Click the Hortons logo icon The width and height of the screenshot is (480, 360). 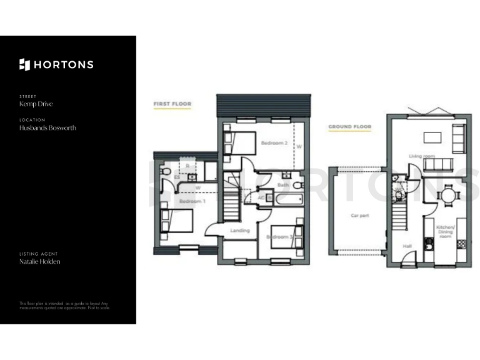tap(25, 64)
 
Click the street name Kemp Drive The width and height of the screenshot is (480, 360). tap(36, 104)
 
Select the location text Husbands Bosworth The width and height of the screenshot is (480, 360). tap(47, 127)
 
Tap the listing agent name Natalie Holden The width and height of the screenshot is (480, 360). tap(40, 262)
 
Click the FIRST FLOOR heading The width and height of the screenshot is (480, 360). tap(172, 104)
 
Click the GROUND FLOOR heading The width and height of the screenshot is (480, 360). tap(350, 127)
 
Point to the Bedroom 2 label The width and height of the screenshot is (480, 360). tap(274, 144)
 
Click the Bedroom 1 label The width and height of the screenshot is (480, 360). tap(192, 201)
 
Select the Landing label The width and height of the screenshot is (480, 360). tap(239, 231)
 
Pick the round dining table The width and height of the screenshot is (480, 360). tap(448, 195)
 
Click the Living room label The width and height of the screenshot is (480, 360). tap(422, 156)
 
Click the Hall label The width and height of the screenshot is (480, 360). tap(407, 246)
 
